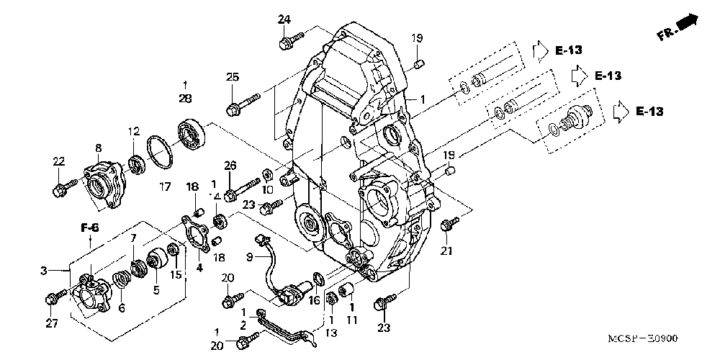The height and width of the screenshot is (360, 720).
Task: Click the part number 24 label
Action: (284, 19)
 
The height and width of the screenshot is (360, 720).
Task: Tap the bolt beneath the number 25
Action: (243, 104)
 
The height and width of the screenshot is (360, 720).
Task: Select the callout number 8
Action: (98, 148)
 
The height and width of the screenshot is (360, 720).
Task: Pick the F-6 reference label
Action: (91, 227)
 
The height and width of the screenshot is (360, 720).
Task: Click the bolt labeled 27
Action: (57, 296)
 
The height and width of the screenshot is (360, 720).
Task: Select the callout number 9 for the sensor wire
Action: (249, 258)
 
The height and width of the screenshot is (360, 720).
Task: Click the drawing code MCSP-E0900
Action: (642, 339)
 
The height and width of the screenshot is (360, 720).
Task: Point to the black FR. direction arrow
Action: (686, 21)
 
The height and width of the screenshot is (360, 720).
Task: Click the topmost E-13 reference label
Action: (569, 50)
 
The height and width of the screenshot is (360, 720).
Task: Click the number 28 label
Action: (185, 98)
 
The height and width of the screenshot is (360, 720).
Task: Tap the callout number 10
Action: (267, 189)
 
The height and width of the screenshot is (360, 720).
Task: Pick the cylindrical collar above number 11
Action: (346, 289)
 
